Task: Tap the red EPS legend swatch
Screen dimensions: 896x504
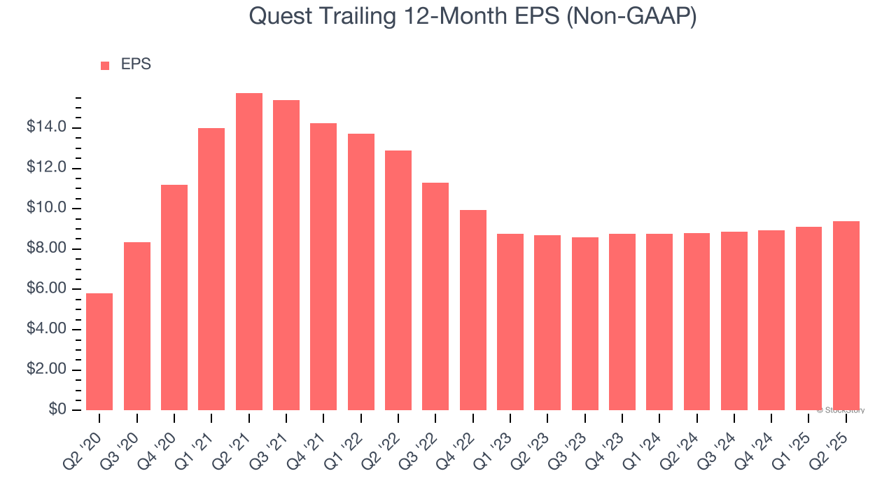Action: [x=105, y=66]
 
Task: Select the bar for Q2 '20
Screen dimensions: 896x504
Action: [x=99, y=351]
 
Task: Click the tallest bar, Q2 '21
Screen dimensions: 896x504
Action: [x=248, y=251]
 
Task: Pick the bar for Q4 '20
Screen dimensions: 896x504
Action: [x=174, y=297]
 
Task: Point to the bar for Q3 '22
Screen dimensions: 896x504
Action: [x=435, y=296]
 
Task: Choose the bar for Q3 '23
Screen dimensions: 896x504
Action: [x=584, y=323]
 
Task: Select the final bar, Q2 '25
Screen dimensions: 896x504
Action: [x=846, y=316]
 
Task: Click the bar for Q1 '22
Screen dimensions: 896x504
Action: [x=360, y=272]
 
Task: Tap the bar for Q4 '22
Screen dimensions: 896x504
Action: [x=472, y=310]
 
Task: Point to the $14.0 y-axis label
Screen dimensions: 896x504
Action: [x=46, y=127]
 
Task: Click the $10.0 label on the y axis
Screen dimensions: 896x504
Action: [x=46, y=206]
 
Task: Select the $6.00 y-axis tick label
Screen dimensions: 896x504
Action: [x=46, y=288]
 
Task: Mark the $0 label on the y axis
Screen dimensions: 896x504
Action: [x=57, y=408]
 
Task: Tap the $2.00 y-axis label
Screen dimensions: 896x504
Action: [x=46, y=368]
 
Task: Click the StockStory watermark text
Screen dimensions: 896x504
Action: [x=841, y=410]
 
